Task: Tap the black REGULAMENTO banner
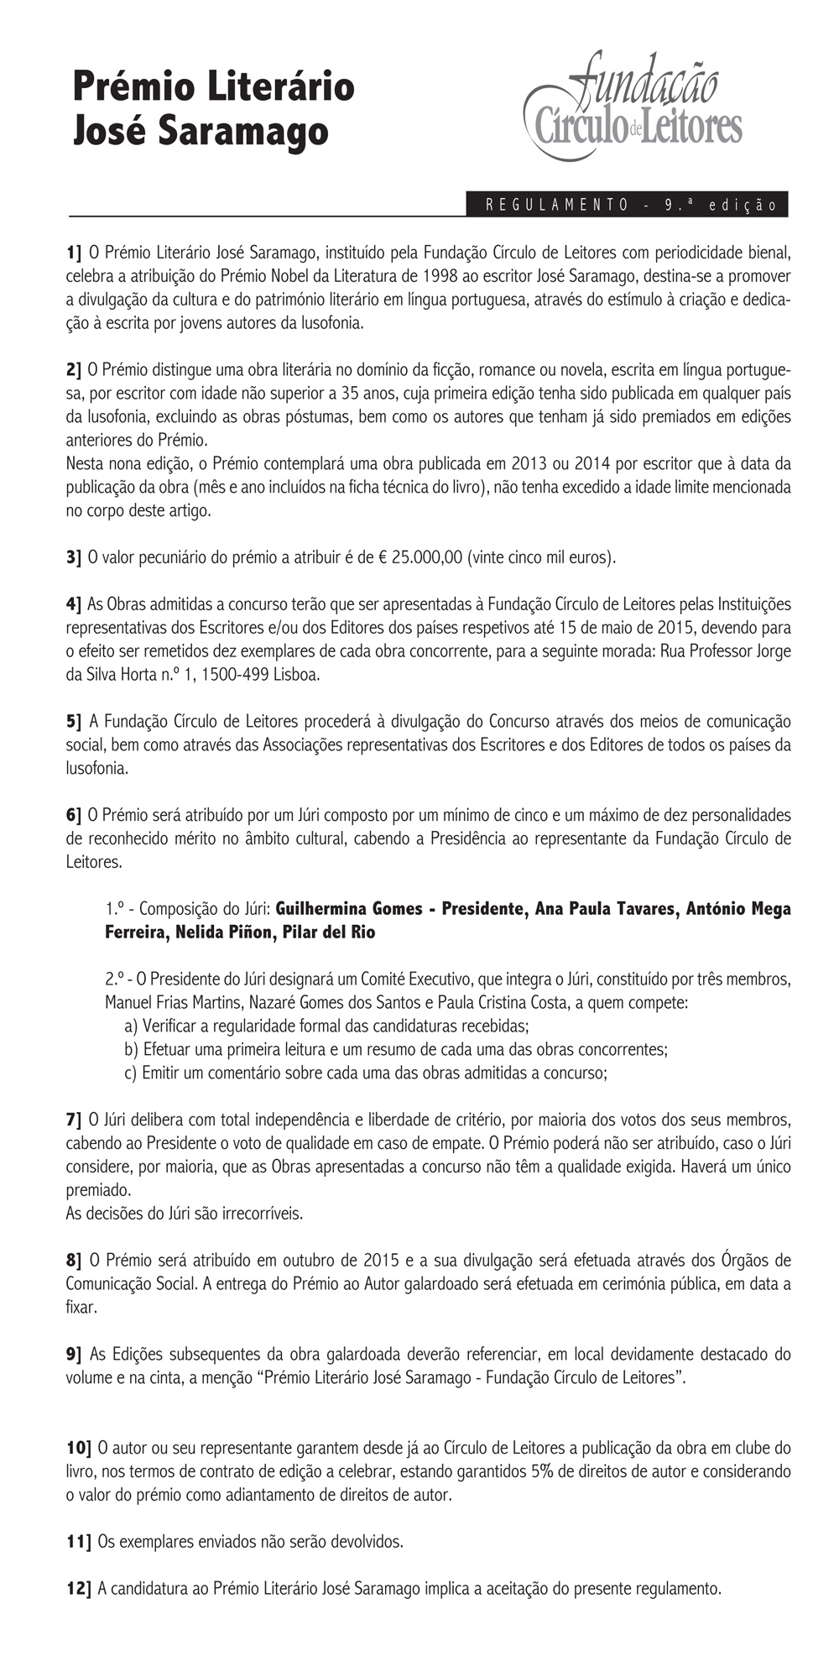point(627,205)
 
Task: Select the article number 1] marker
point(74,252)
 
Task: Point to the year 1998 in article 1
point(441,275)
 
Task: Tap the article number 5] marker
point(74,721)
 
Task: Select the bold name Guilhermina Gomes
point(346,909)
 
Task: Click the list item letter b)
point(131,1049)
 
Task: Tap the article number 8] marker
point(74,1260)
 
